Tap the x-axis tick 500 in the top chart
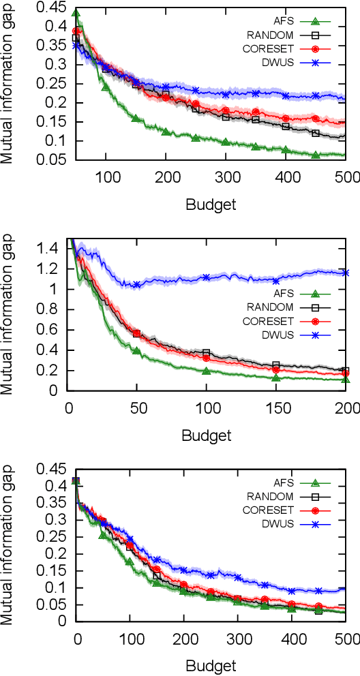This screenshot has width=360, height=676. coord(346,176)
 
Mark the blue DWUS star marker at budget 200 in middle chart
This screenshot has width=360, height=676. coord(346,273)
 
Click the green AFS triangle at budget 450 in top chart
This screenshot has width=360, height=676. coord(316,155)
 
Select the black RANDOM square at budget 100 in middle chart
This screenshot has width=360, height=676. coord(206,353)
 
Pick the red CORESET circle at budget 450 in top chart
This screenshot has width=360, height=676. coord(314,119)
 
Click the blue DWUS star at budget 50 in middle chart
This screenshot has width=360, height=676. coord(136,285)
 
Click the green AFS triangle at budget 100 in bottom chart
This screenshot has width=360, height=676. coord(130,562)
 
